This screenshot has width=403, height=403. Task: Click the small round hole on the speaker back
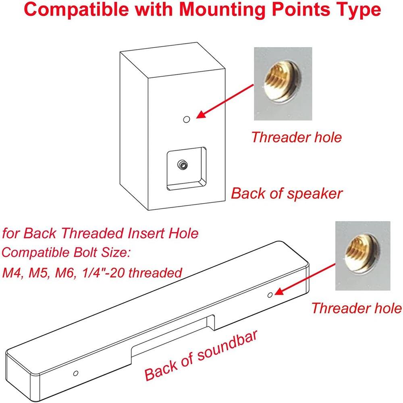click(186, 119)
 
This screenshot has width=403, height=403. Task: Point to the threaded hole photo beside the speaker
click(283, 83)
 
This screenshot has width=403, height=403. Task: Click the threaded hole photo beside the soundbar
click(357, 256)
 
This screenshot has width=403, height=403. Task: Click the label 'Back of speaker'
click(287, 193)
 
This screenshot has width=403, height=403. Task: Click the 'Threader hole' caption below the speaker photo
click(296, 137)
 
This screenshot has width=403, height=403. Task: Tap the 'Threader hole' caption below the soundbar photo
click(357, 308)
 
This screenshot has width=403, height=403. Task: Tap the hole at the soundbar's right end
click(270, 295)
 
